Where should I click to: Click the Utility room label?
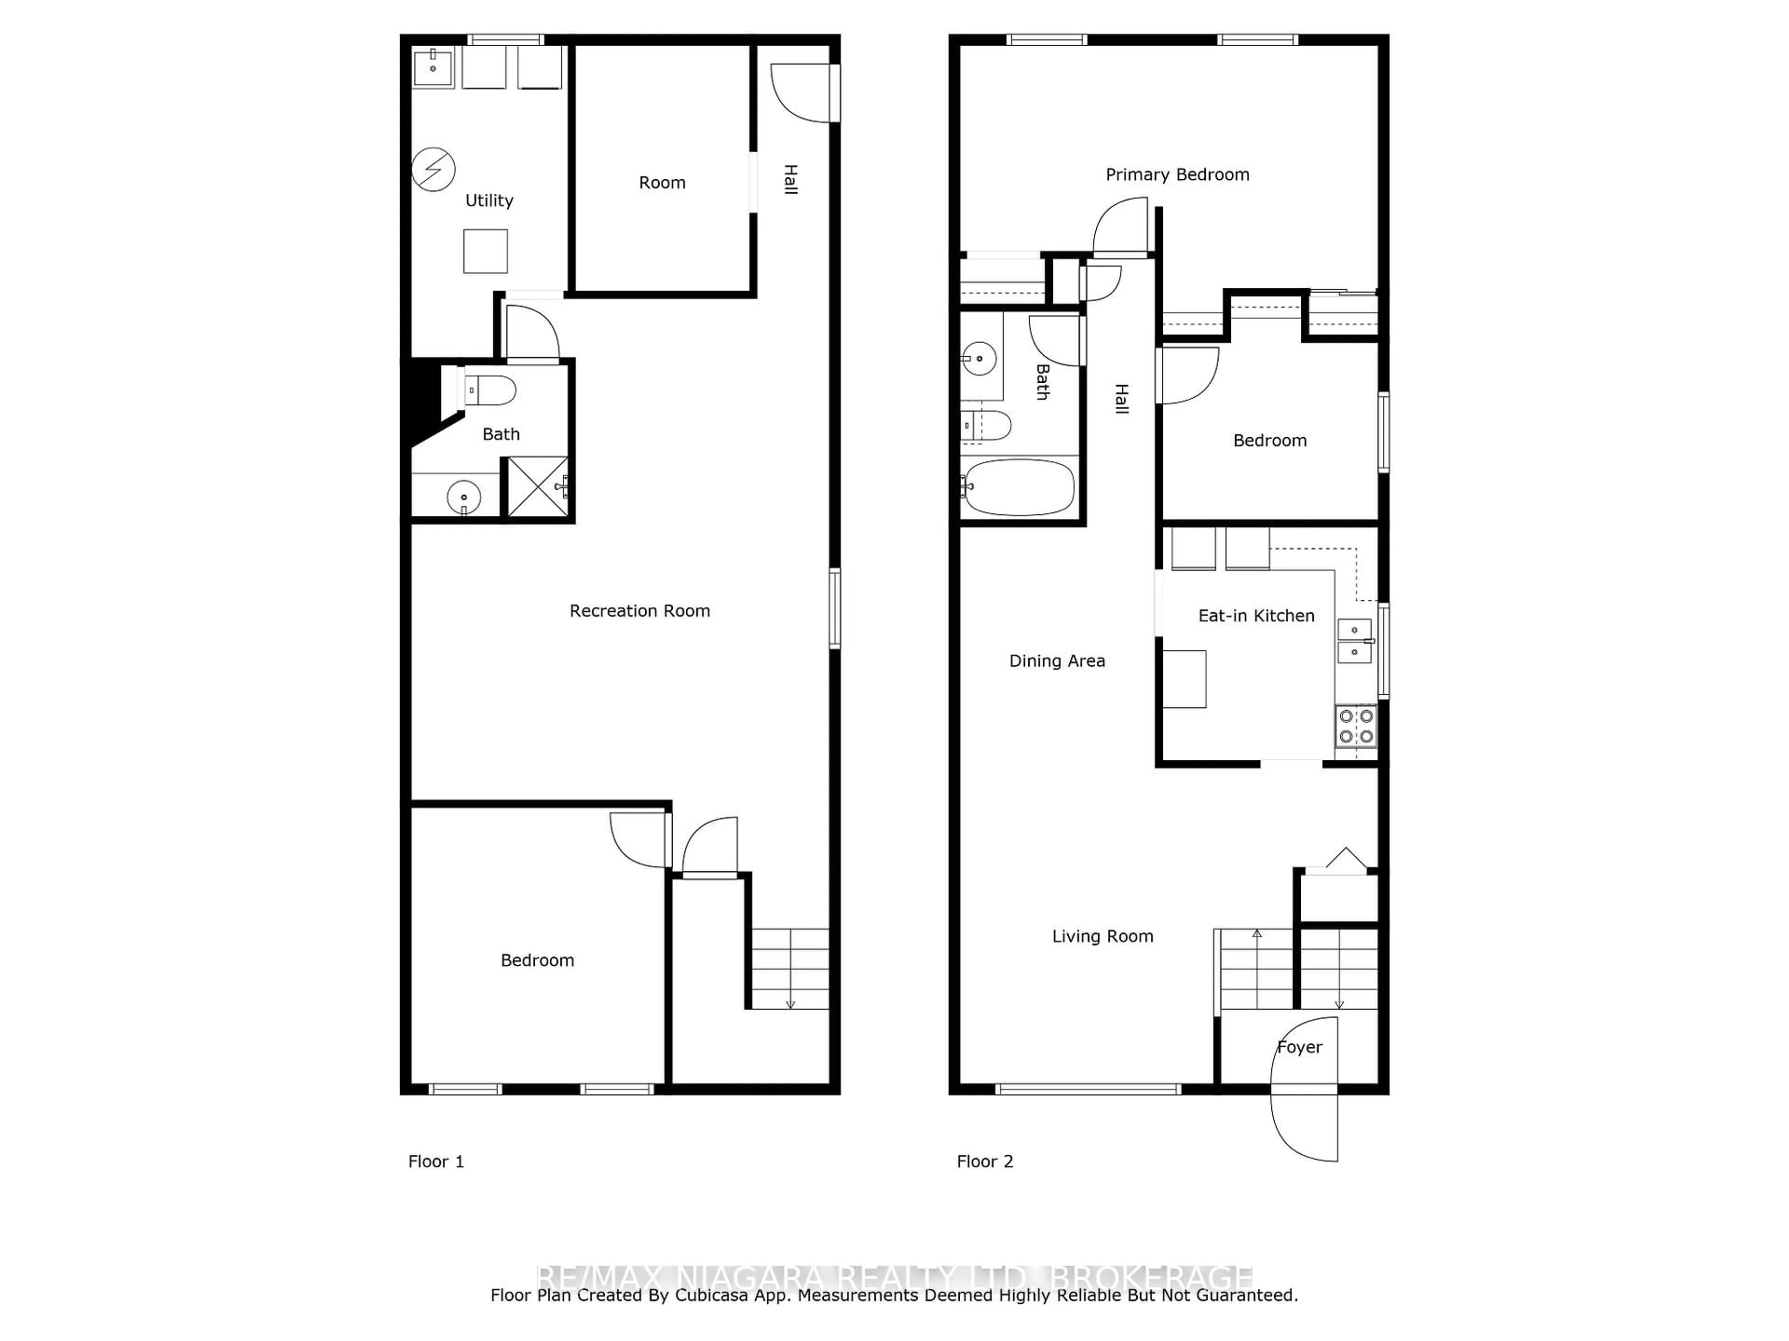click(x=489, y=201)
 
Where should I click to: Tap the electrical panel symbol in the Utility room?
click(x=433, y=170)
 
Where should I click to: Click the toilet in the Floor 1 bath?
click(x=491, y=390)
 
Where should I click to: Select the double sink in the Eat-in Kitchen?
click(x=1355, y=641)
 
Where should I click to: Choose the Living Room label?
click(x=1102, y=936)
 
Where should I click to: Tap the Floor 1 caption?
click(x=436, y=1162)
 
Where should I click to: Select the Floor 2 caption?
click(x=984, y=1162)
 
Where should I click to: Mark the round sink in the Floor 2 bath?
click(x=979, y=358)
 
